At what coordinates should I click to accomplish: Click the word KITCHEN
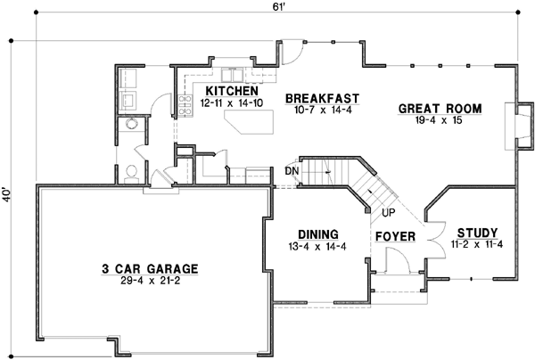(x=232, y=91)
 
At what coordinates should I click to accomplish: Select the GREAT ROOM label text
(x=440, y=109)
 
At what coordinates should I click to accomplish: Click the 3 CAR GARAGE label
(x=149, y=268)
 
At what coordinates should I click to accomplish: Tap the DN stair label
(x=291, y=170)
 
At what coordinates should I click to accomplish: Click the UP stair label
(x=388, y=214)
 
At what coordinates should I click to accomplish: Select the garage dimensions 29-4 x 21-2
(x=149, y=281)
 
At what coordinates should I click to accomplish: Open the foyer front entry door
(x=393, y=259)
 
